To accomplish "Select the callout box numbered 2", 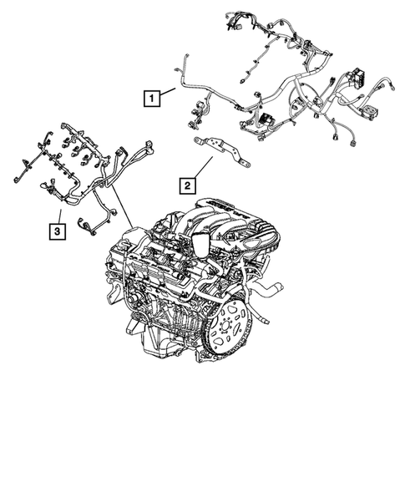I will click(x=189, y=183).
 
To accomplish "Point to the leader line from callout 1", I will click(x=167, y=93).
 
